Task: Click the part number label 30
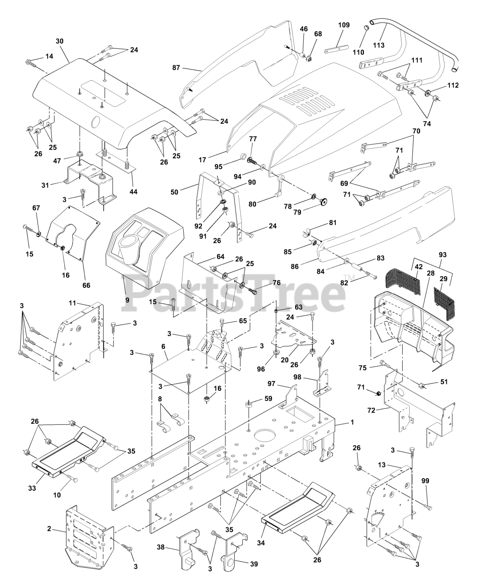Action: (x=60, y=41)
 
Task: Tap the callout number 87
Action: (x=176, y=67)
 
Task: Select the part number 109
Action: (x=344, y=25)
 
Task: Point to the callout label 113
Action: (x=378, y=45)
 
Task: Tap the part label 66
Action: (x=87, y=285)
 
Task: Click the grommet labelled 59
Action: (x=249, y=404)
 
